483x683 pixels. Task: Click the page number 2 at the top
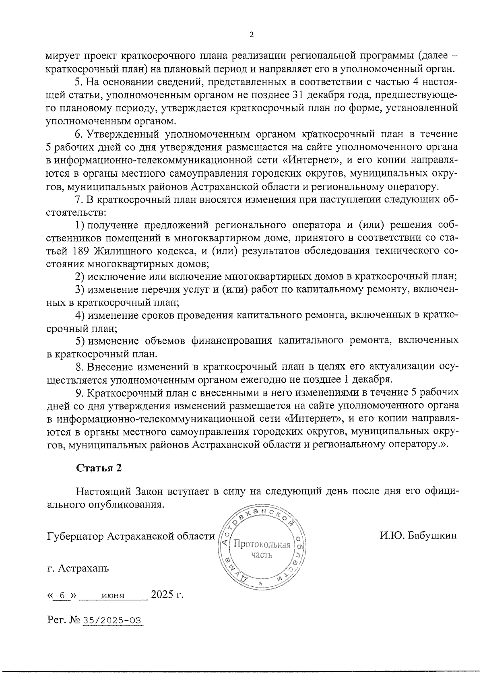pos(252,35)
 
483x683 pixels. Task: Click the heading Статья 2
pos(99,468)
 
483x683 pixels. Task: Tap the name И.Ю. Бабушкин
pos(418,536)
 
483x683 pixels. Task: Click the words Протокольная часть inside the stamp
pos(262,550)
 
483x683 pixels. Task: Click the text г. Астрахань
pos(78,568)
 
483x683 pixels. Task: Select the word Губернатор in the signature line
pos(75,536)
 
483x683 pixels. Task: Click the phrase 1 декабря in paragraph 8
pos(367,379)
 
